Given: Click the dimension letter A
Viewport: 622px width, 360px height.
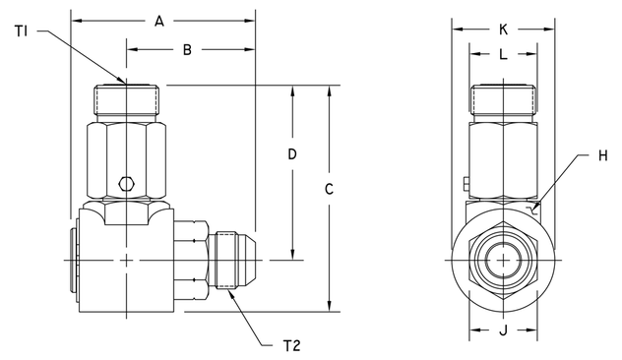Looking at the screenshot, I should point(161,20).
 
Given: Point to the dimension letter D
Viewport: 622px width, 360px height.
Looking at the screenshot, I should point(291,154).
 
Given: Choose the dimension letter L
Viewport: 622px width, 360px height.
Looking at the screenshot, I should point(504,56).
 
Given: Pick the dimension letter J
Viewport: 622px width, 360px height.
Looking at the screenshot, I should point(504,330).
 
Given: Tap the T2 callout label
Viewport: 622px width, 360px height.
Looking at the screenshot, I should point(292,344).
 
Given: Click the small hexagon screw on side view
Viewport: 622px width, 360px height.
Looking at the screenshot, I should point(126,183).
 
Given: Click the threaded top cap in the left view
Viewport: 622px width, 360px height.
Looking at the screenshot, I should point(126,100).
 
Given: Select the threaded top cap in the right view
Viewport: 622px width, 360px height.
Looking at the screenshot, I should point(504,100).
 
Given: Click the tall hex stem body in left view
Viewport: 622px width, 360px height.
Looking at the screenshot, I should point(126,157).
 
